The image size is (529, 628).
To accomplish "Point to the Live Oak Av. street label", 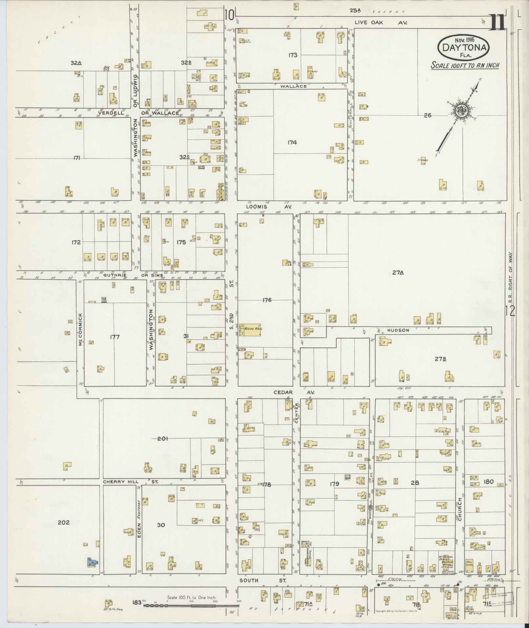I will tap(380, 23).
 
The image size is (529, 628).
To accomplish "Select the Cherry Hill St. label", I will tap(131, 482).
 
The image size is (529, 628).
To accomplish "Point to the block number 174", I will tap(292, 142).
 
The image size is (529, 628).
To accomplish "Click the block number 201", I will tap(163, 438).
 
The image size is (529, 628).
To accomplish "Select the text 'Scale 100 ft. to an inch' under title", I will tap(465, 65).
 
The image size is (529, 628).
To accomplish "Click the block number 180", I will tap(488, 482).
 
